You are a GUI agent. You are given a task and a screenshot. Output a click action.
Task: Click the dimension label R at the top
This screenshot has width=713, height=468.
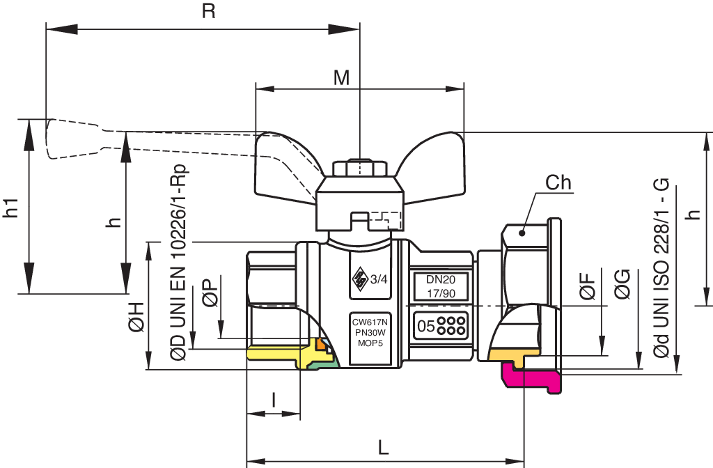point(208,11)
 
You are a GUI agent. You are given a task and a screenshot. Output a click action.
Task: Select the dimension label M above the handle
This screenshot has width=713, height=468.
point(341,78)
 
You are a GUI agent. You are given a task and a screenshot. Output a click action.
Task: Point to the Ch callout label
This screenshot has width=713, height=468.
point(558,182)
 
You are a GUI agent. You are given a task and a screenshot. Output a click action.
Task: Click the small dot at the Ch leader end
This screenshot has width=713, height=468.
point(522,233)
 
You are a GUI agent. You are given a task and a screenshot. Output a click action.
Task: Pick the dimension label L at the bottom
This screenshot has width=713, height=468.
point(384,448)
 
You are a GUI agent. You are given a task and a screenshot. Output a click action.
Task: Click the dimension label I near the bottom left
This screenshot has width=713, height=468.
point(273,400)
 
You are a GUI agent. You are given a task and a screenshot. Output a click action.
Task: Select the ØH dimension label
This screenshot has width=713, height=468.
point(136,317)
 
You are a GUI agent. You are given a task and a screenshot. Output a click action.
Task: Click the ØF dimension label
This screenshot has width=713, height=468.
point(588,286)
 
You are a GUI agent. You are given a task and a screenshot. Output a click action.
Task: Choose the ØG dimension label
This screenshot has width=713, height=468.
point(622,284)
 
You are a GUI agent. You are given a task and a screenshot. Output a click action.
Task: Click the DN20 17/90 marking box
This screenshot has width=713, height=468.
point(441,286)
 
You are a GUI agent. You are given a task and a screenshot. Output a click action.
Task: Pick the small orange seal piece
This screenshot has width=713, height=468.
point(322,344)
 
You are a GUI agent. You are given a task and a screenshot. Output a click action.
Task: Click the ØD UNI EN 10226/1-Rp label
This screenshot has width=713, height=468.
point(179,263)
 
